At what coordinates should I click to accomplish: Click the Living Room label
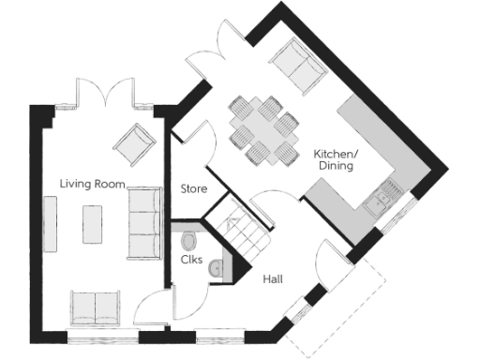tap(92, 183)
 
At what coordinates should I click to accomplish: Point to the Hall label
tap(274, 279)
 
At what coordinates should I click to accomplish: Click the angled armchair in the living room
tap(133, 142)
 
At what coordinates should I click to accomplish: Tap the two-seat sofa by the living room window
tap(94, 307)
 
